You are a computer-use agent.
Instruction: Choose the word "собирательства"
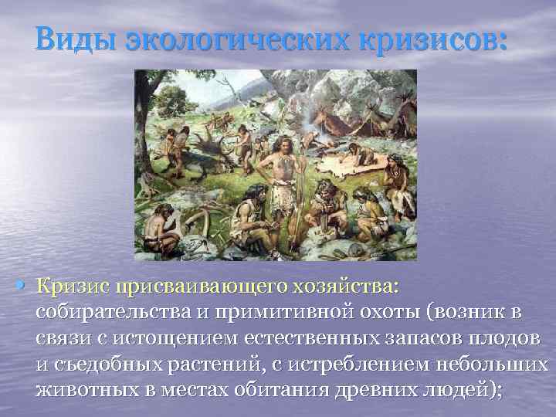110,313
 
